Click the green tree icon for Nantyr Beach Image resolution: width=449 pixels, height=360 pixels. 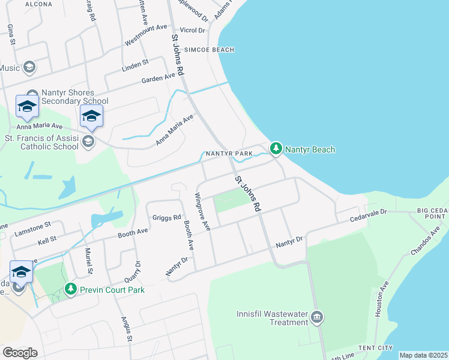tap(276, 148)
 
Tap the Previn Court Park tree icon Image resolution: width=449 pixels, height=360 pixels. tap(71, 290)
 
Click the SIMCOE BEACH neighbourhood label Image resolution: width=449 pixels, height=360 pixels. tap(209, 50)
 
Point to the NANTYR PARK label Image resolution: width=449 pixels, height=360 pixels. tap(229, 154)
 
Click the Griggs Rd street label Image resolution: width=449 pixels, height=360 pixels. tap(166, 217)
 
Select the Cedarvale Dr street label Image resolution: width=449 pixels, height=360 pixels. tap(379, 214)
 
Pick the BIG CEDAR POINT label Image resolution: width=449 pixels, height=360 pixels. tap(433, 214)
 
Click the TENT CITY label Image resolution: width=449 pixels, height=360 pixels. tap(375, 348)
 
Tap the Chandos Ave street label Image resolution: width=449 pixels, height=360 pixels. tap(427, 240)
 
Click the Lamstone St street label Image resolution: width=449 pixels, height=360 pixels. tap(33, 229)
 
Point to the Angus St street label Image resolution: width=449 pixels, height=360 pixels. tap(127, 329)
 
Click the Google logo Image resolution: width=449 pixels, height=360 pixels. tap(20, 353)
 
